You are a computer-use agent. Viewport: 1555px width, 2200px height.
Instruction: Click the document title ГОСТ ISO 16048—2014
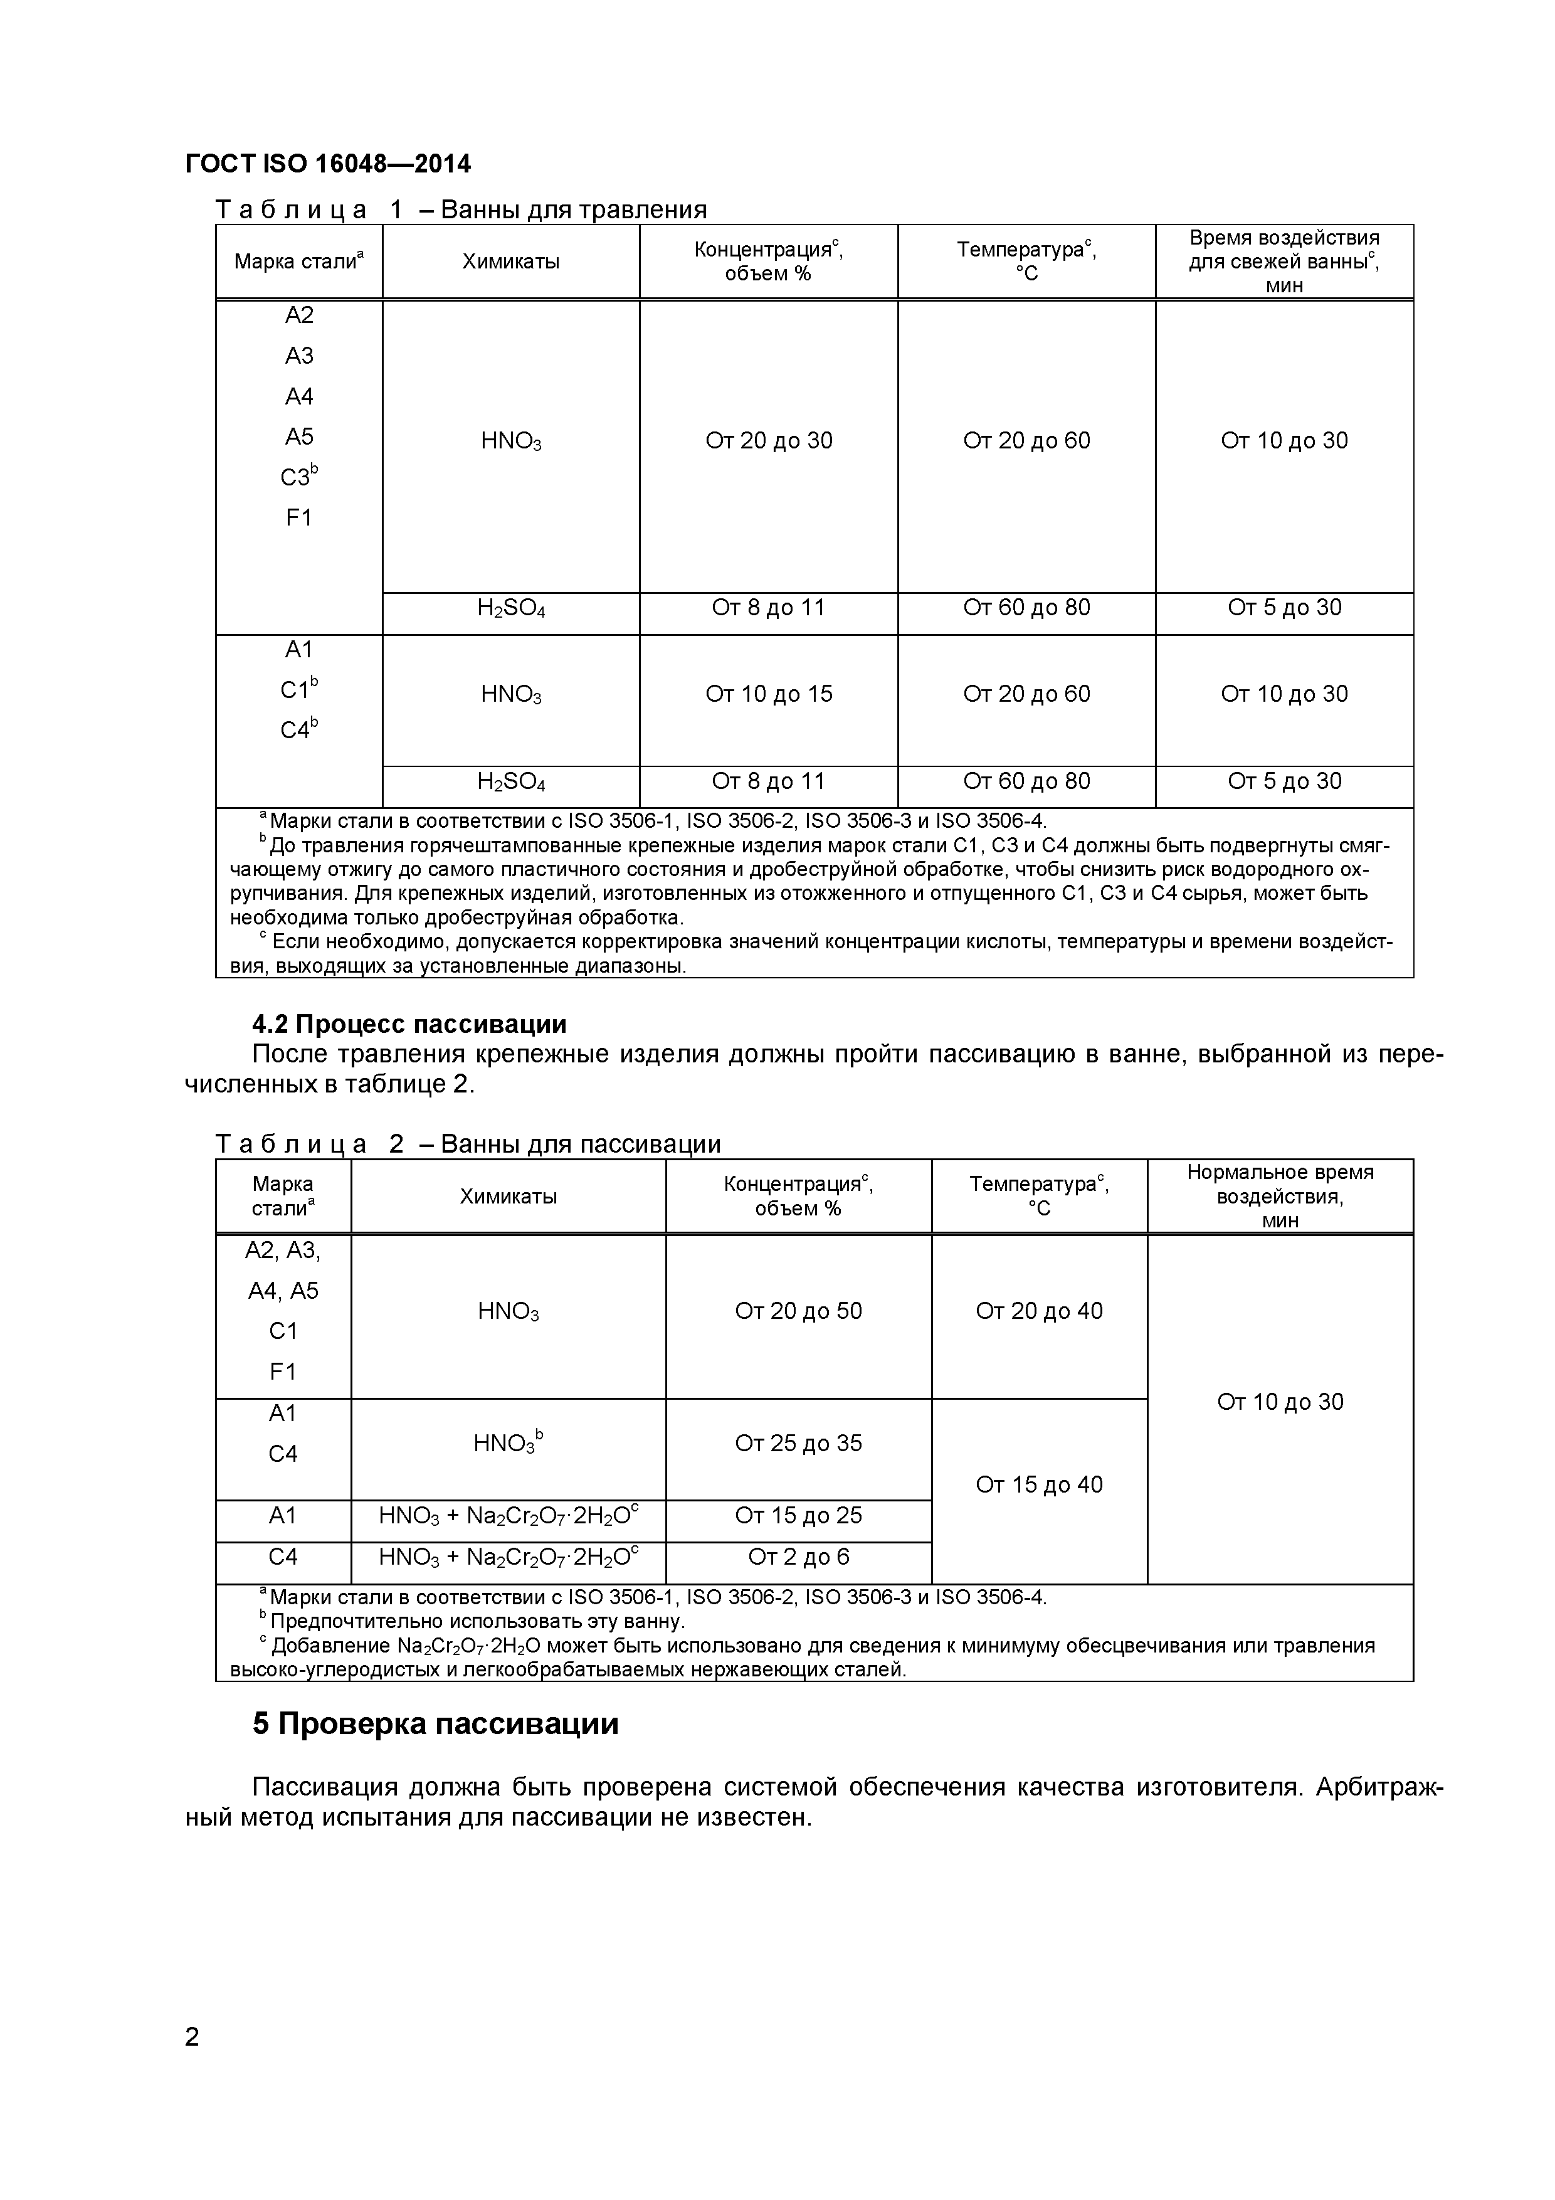[328, 164]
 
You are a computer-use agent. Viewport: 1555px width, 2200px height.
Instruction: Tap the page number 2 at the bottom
[192, 2063]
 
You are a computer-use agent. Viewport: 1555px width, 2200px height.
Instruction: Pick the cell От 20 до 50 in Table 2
[798, 1311]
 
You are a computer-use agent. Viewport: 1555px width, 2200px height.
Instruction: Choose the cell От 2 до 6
[798, 1557]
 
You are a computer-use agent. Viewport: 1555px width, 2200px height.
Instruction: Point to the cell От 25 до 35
[798, 1443]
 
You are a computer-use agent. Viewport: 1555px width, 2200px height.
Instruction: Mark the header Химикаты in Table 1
[510, 262]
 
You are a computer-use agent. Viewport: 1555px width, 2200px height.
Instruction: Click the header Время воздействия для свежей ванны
[1284, 262]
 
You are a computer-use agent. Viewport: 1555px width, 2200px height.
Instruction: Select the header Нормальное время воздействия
[1280, 1196]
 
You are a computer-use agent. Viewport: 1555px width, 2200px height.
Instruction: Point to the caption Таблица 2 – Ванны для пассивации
[468, 1144]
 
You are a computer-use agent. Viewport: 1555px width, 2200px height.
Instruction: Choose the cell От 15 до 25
[798, 1515]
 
